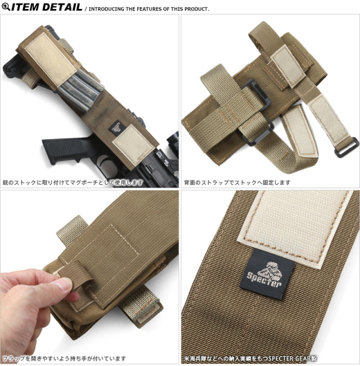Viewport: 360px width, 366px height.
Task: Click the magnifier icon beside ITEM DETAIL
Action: (6, 7)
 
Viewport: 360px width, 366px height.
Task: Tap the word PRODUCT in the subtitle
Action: (196, 9)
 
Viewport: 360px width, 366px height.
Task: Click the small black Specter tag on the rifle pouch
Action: (116, 128)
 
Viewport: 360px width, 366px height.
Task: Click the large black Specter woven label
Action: (267, 274)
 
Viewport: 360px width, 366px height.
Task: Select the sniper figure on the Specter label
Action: (269, 270)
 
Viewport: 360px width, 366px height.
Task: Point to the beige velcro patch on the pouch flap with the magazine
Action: (51, 60)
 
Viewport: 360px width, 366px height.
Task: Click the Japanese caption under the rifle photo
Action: (73, 182)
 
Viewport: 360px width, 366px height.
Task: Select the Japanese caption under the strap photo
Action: (237, 182)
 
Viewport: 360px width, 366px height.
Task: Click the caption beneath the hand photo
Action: (64, 358)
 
